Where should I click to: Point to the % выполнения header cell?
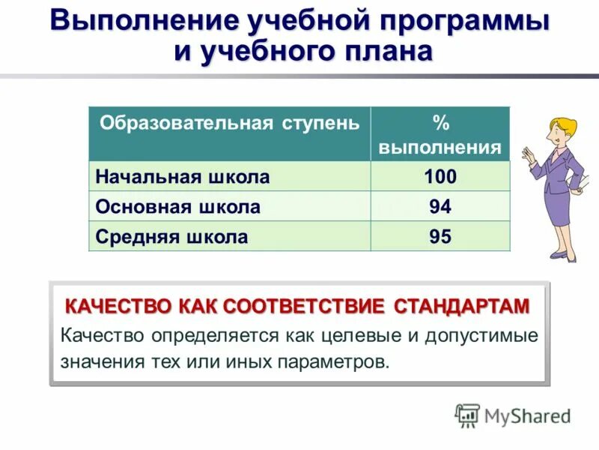440,134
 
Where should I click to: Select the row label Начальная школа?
182,178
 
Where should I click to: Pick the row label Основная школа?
177,208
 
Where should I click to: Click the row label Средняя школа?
171,237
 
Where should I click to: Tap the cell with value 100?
440,178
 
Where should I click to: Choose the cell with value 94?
440,208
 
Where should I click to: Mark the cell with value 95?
440,237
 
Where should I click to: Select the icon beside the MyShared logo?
467,415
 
